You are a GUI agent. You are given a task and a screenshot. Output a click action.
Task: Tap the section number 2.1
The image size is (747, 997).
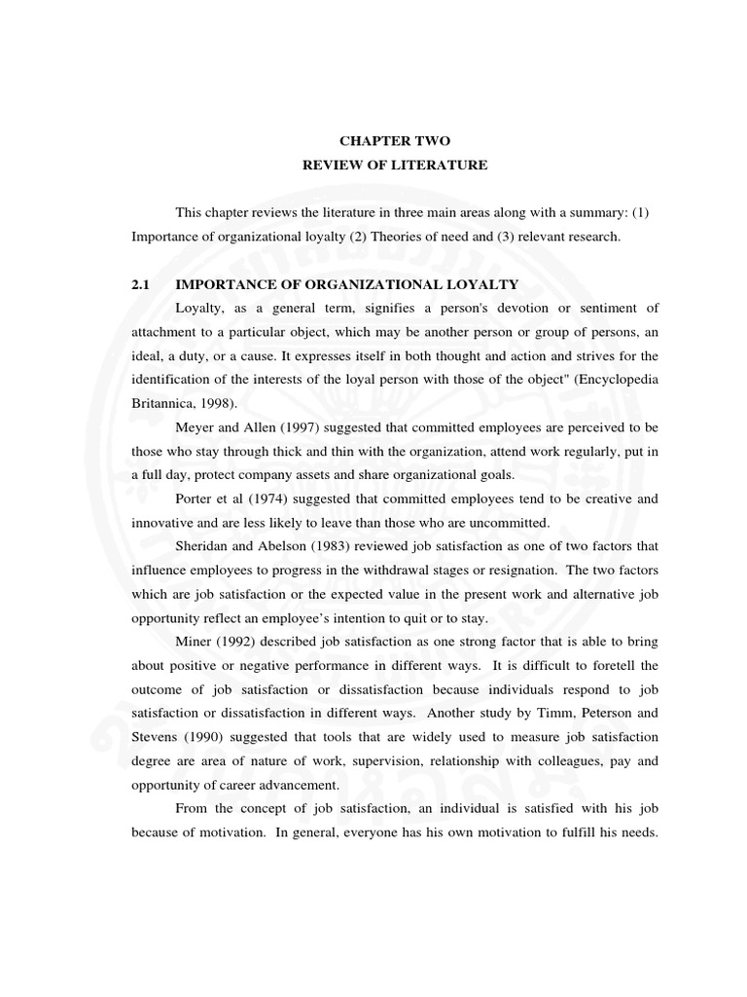tap(142, 284)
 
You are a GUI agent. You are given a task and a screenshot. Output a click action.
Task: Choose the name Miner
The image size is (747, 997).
tap(196, 642)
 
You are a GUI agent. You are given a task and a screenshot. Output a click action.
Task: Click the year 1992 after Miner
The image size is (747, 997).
tap(243, 642)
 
